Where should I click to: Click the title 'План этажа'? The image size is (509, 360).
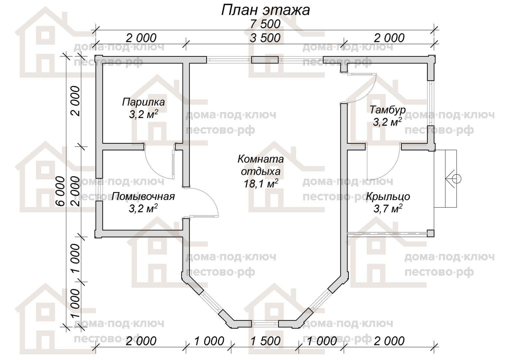[x=265, y=10]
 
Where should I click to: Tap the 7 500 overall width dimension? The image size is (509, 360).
[x=265, y=24]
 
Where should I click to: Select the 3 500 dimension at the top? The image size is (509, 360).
[x=265, y=38]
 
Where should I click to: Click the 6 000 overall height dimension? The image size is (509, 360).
[x=60, y=191]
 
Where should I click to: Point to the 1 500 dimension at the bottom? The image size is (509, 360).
[x=265, y=341]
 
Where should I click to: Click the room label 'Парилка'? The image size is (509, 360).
[x=143, y=102]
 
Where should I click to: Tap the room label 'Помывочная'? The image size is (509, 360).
[x=143, y=196]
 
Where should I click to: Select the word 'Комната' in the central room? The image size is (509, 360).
[x=260, y=159]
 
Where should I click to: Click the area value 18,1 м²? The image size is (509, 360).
[x=260, y=183]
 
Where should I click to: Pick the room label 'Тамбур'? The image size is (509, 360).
[x=387, y=110]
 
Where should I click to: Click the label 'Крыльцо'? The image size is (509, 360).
[x=388, y=196]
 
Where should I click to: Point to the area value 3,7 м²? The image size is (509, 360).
[x=388, y=209]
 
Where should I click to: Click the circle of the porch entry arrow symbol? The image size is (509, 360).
[x=457, y=179]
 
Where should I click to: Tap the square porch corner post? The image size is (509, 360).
[x=431, y=233]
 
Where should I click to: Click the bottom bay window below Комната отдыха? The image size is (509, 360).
[x=265, y=323]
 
